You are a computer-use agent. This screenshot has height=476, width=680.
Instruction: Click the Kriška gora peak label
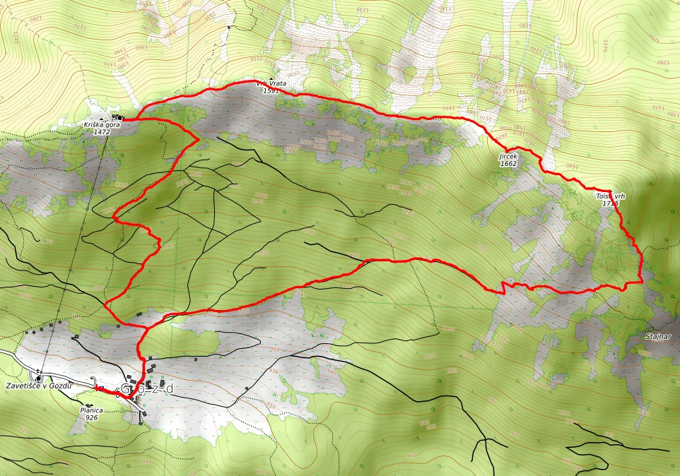click(x=101, y=124)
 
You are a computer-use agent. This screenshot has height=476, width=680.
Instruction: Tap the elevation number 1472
click(x=102, y=132)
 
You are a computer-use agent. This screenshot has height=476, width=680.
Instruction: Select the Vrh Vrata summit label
click(x=271, y=83)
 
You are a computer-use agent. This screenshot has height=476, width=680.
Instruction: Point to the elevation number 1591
click(x=271, y=90)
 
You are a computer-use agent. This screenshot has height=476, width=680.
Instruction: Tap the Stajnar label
click(x=657, y=336)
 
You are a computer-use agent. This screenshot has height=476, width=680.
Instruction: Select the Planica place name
click(x=91, y=410)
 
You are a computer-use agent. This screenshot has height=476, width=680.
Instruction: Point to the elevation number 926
click(x=91, y=417)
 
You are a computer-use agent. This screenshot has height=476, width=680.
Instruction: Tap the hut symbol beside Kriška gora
click(x=120, y=117)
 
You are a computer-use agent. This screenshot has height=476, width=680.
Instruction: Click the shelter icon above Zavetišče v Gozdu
click(x=38, y=378)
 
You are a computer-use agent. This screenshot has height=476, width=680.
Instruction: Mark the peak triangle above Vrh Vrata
click(x=271, y=78)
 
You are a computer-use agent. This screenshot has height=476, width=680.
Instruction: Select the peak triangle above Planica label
click(x=89, y=405)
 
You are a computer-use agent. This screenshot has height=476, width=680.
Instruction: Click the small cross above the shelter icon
click(x=38, y=371)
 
